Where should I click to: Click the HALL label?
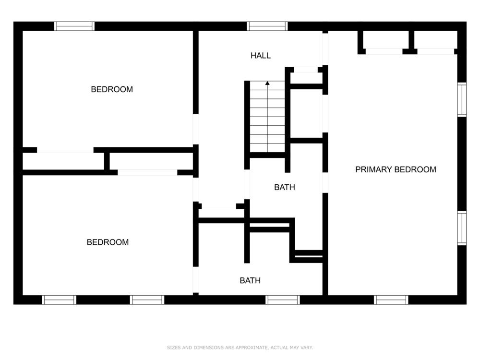(261, 55)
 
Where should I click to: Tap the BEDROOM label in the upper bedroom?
(112, 89)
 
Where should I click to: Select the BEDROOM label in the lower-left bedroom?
(108, 242)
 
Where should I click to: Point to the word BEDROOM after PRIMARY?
(415, 169)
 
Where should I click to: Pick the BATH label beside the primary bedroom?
(285, 187)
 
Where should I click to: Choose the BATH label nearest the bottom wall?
(250, 280)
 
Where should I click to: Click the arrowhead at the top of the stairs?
(267, 83)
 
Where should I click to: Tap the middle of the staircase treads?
(267, 116)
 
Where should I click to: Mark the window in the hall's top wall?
(267, 26)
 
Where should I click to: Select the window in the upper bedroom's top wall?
(74, 26)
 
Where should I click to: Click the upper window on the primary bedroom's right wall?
(462, 99)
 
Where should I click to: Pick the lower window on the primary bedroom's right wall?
(462, 228)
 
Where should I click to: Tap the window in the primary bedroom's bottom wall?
(391, 300)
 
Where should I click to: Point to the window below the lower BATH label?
(283, 300)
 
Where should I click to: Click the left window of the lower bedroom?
(59, 300)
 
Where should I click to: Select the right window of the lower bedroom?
(147, 300)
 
